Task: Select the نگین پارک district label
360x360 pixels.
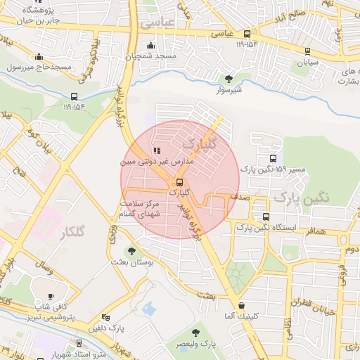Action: (301, 198)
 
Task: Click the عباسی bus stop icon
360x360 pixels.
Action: (247, 34)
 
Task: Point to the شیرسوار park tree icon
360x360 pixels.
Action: (228, 79)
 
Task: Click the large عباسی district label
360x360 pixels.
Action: (156, 22)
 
